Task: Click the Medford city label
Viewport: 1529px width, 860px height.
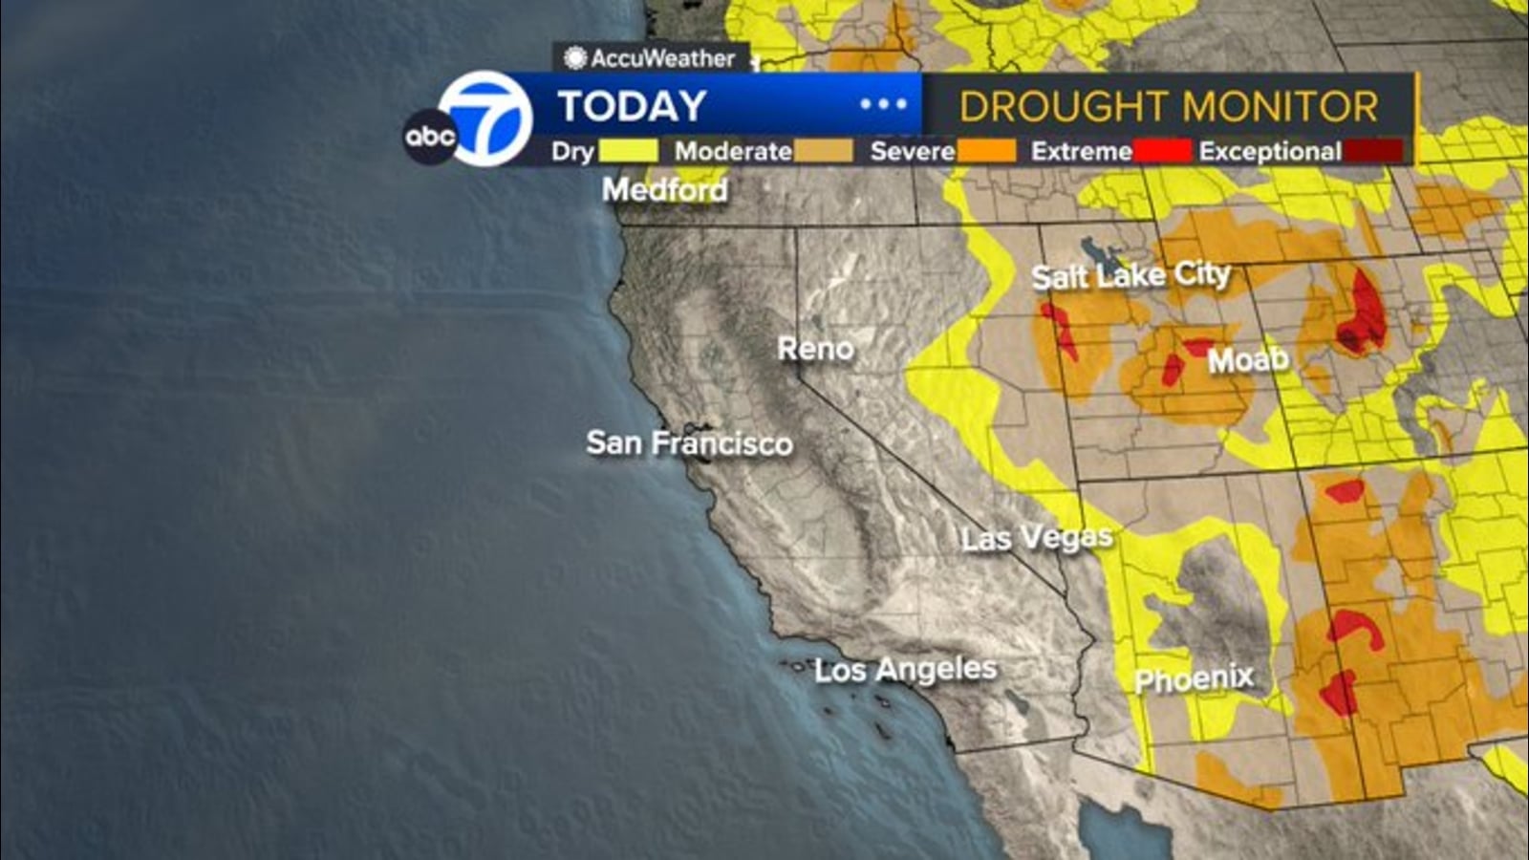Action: (665, 190)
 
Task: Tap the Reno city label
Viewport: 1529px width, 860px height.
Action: (815, 349)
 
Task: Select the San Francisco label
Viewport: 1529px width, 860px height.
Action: (689, 443)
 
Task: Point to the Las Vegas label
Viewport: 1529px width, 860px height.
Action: (1037, 538)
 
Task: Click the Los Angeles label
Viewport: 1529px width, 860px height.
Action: (905, 670)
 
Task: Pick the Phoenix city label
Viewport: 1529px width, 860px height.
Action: (1194, 679)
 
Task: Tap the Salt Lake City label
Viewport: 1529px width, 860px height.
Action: (1131, 276)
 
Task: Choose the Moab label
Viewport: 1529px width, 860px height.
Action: (1248, 360)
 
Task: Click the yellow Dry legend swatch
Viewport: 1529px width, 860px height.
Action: (628, 151)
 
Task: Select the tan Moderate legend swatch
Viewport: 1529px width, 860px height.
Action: (822, 151)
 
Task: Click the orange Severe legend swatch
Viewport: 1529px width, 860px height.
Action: (986, 151)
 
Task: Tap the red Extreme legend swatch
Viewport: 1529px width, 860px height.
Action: (1162, 151)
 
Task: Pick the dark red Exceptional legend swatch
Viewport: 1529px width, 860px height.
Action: (1372, 151)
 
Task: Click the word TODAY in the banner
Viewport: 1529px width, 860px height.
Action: (632, 106)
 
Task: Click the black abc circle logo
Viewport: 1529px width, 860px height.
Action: (429, 137)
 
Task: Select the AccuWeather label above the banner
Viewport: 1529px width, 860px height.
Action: (652, 58)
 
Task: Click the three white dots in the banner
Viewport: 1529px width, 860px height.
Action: (883, 104)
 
